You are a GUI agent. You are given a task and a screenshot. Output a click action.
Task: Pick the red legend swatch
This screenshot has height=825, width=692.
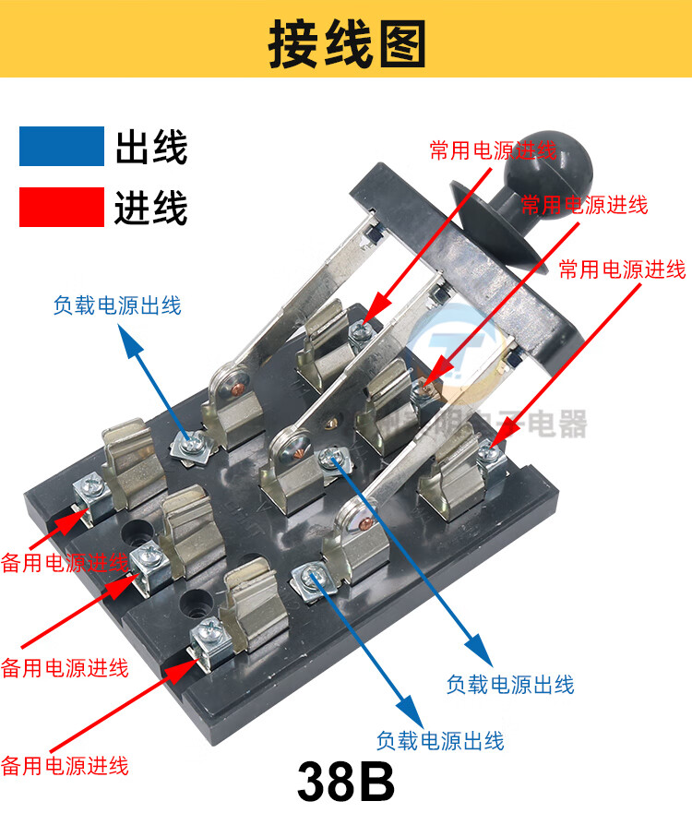click(x=61, y=207)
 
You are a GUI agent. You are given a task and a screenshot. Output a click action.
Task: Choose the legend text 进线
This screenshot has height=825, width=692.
click(x=151, y=208)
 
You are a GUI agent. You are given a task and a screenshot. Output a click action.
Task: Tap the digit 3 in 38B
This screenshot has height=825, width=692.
click(x=315, y=783)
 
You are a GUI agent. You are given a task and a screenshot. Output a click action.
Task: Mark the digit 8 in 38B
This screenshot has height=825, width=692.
click(x=346, y=783)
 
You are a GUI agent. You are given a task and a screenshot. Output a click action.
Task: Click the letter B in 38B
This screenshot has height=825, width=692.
click(x=378, y=783)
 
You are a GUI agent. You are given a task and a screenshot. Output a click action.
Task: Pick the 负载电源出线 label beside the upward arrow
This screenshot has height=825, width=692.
click(x=117, y=305)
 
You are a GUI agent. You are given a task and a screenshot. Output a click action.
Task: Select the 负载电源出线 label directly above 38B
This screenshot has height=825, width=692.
click(x=440, y=740)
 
